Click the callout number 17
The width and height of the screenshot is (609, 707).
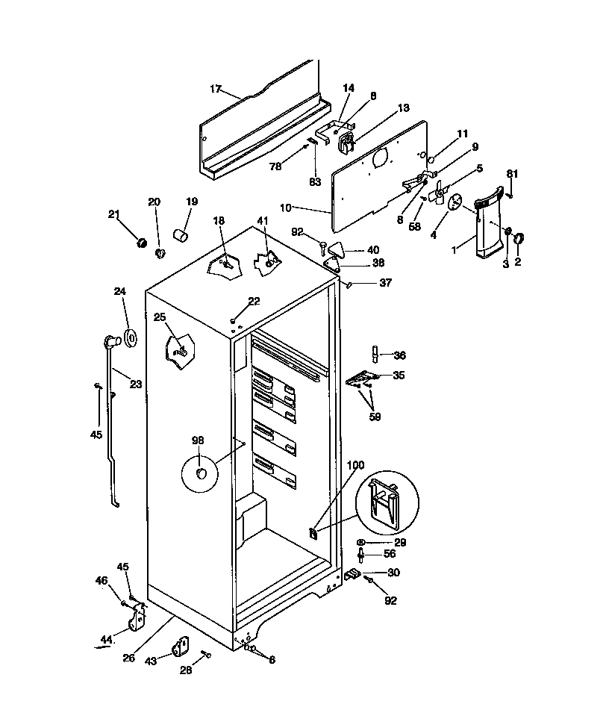pyautogui.click(x=215, y=90)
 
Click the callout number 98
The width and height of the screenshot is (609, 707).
pyautogui.click(x=198, y=441)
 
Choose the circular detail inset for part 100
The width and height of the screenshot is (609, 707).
pyautogui.click(x=387, y=502)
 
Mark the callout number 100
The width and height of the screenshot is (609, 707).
pyautogui.click(x=355, y=466)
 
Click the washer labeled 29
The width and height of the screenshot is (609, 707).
pyautogui.click(x=362, y=542)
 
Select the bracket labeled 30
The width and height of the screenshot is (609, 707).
pyautogui.click(x=353, y=575)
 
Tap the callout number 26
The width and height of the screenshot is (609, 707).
pyautogui.click(x=129, y=658)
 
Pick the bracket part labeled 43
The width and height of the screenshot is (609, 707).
pyautogui.click(x=181, y=646)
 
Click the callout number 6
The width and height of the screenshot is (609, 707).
pyautogui.click(x=272, y=660)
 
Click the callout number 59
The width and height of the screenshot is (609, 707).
pyautogui.click(x=375, y=417)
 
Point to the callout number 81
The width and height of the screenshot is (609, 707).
pyautogui.click(x=512, y=174)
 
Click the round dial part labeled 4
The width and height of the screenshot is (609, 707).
pyautogui.click(x=455, y=201)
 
